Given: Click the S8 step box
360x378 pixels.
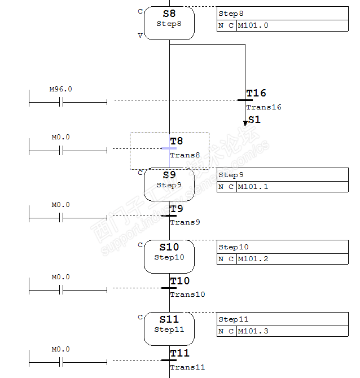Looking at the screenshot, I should point(169,23).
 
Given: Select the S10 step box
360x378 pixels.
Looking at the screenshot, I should point(169,257).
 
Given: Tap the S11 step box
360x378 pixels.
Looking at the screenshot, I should point(169,329).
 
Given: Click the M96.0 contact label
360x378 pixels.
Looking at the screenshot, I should point(61,89).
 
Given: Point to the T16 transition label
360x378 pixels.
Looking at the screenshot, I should point(256,93).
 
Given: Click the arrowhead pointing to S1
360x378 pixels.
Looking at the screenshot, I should point(245,122).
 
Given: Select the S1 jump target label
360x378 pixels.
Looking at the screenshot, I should point(255,120).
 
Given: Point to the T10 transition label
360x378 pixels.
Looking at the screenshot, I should point(180,281).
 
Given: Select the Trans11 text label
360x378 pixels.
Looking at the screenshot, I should point(187,367).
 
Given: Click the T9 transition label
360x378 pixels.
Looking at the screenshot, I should point(177,209).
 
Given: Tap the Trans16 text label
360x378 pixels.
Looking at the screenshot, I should point(264,107).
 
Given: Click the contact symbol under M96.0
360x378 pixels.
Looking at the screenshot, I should point(62,102).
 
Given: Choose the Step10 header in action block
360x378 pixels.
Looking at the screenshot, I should point(234,247).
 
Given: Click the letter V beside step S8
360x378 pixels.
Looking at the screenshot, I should point(140,35).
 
